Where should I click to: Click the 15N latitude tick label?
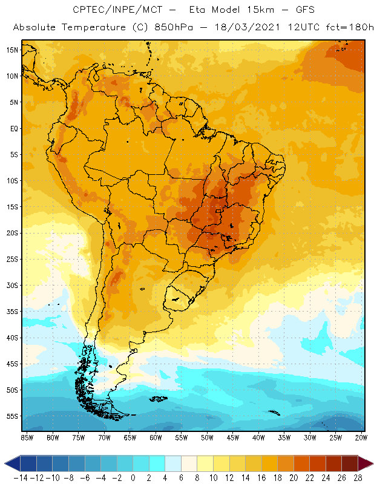13,50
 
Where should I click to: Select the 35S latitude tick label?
13,311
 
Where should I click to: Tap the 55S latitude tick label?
13,416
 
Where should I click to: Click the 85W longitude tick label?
27,437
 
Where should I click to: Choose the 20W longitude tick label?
362,437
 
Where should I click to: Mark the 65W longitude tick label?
130,437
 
